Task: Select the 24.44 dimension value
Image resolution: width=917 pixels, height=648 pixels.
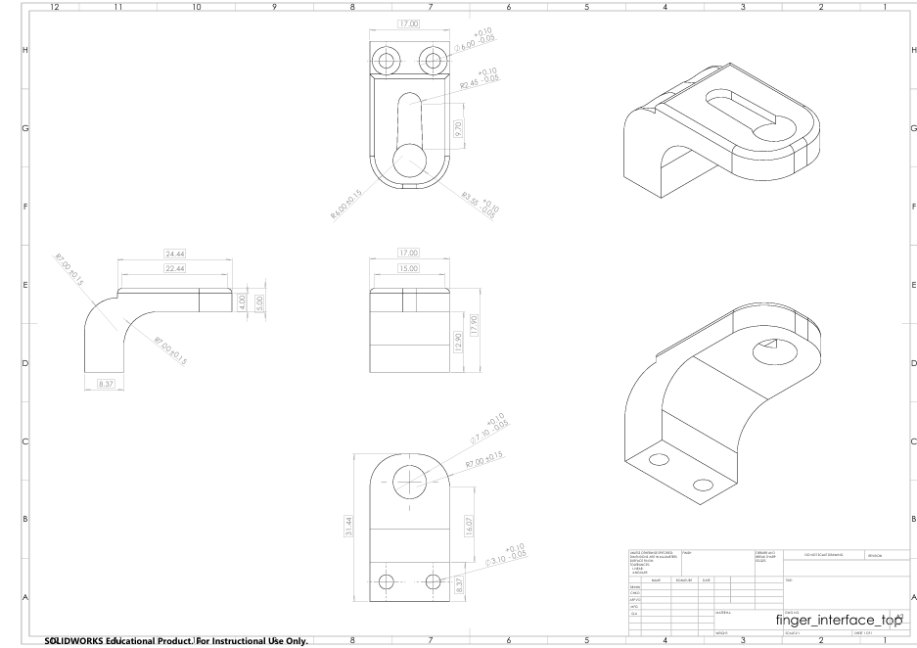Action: [x=176, y=254]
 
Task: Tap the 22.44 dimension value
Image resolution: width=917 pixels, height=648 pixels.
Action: [x=176, y=268]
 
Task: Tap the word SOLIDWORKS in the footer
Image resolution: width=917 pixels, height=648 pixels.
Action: [x=80, y=642]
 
